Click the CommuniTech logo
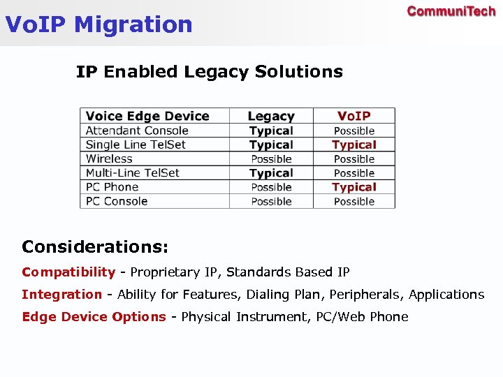click(451, 12)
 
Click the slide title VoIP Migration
click(99, 24)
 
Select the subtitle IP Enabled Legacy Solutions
click(209, 71)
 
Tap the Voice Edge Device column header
click(147, 116)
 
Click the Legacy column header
click(271, 116)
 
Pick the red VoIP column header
click(354, 116)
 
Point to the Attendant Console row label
click(137, 131)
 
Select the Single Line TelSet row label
click(136, 145)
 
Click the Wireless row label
click(109, 158)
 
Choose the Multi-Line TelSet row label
click(132, 172)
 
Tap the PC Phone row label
click(112, 187)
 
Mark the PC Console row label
click(117, 201)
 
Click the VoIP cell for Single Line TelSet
click(354, 145)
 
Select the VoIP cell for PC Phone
click(354, 187)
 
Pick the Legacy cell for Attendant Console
click(271, 131)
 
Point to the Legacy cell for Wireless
click(271, 158)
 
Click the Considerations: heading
click(95, 246)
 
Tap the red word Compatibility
click(68, 272)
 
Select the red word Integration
click(61, 295)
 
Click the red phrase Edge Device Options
click(94, 317)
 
